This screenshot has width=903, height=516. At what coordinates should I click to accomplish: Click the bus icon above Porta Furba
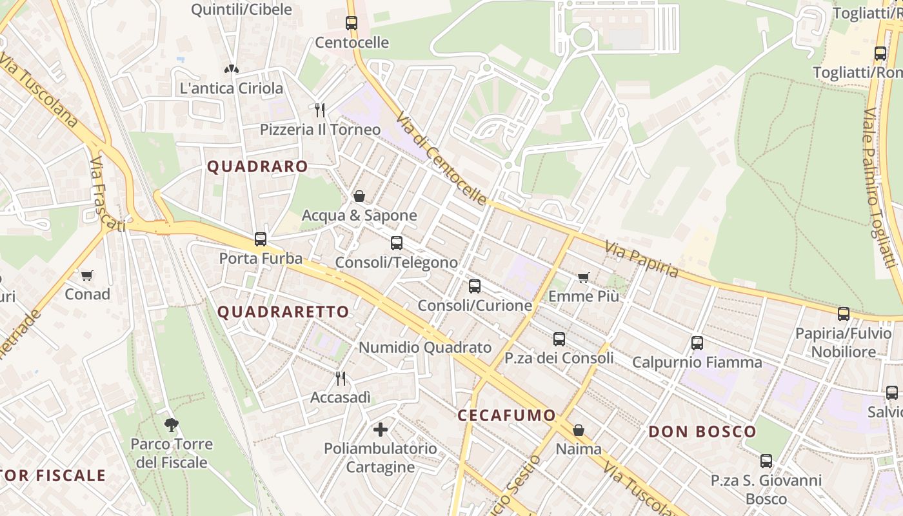(x=261, y=239)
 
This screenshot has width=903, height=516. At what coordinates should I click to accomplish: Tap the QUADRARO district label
(x=257, y=166)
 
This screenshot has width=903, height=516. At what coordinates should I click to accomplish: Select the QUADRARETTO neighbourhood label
(x=283, y=312)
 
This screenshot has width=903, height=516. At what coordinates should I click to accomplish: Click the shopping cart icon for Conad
(x=87, y=275)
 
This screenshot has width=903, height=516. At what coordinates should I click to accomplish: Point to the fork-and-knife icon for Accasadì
(x=341, y=379)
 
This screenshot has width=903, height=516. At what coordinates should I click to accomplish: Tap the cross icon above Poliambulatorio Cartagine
(x=381, y=429)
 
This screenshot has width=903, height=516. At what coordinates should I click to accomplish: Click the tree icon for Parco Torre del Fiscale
(x=171, y=424)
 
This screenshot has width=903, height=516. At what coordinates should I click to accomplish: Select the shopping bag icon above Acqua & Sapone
(x=359, y=196)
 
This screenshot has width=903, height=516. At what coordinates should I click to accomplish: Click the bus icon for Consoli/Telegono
(x=397, y=243)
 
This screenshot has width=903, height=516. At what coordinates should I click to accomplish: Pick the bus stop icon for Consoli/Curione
(x=475, y=286)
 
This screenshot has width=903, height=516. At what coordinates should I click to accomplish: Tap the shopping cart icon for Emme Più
(x=584, y=277)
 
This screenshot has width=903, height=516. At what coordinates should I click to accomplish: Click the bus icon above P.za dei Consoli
(x=559, y=339)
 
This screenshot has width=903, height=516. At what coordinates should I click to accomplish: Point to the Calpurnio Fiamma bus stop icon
(x=697, y=343)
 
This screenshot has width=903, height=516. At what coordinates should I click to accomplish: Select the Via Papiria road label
(x=642, y=259)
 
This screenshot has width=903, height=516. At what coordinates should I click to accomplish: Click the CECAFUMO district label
(x=506, y=415)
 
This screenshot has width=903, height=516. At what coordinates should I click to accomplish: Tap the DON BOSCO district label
(x=702, y=432)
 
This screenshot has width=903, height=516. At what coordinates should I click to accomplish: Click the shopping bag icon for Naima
(x=579, y=430)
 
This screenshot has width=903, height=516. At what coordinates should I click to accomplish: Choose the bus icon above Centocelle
(x=352, y=23)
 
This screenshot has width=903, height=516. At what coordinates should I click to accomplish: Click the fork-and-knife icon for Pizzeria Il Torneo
(x=320, y=110)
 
